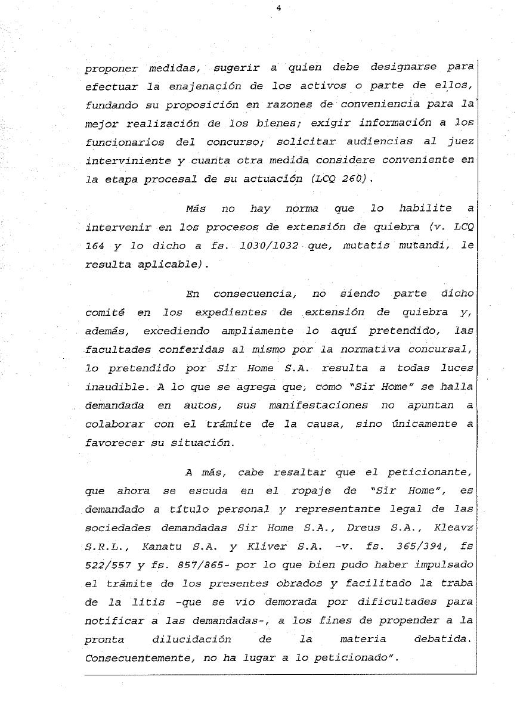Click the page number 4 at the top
278,8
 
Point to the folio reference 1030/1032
268,245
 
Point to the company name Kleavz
454,528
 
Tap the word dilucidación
191,640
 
